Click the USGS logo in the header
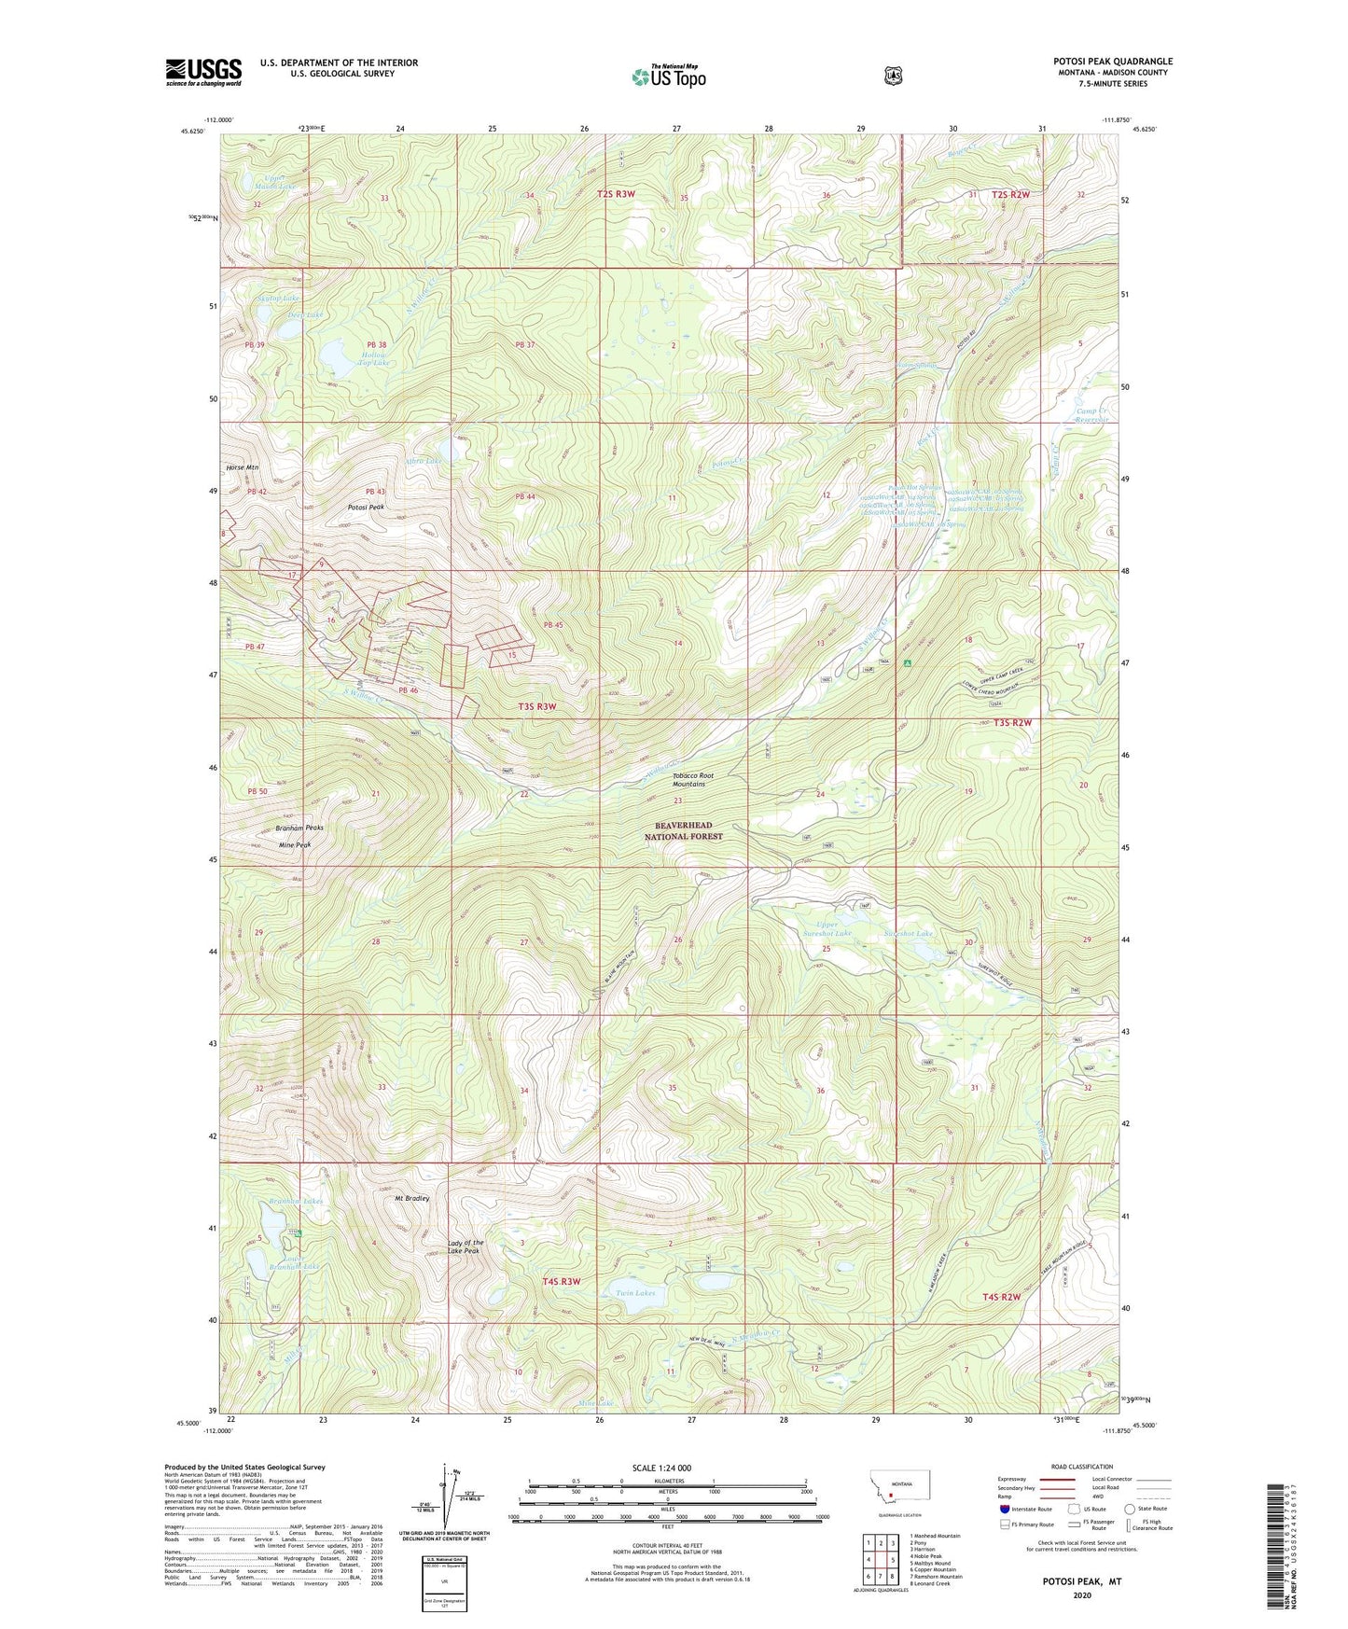(203, 72)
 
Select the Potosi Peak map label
(366, 507)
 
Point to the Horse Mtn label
(242, 467)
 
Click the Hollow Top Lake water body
(333, 355)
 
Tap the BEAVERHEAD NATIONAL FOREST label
(684, 831)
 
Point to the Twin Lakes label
(635, 1293)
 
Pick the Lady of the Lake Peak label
(466, 1246)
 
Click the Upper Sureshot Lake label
(827, 928)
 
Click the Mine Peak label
(295, 844)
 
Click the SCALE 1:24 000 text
(661, 1468)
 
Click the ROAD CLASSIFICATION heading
(1081, 1468)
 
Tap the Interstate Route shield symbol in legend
(1005, 1508)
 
